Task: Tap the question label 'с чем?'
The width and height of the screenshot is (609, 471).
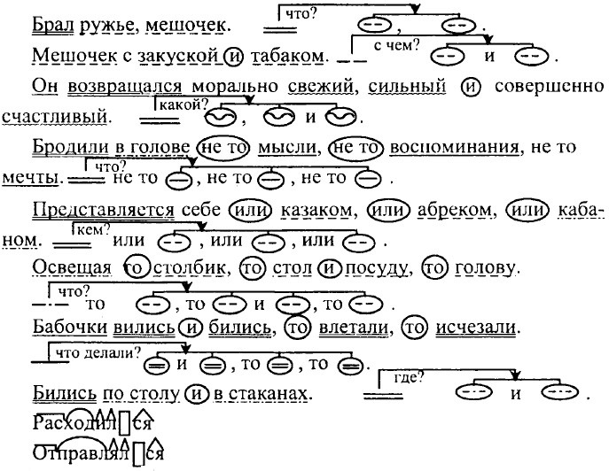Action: click(x=396, y=46)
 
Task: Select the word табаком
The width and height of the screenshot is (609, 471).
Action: click(x=288, y=56)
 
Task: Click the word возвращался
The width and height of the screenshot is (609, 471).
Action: click(x=125, y=87)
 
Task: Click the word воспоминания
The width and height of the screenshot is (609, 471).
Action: click(x=455, y=147)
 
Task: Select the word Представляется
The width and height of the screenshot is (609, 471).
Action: click(x=104, y=211)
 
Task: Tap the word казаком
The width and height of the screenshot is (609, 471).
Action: click(x=316, y=210)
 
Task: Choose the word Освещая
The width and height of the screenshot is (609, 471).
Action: click(x=72, y=267)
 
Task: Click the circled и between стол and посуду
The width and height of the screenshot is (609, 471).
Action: click(x=329, y=268)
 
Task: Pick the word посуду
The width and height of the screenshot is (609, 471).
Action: click(x=377, y=268)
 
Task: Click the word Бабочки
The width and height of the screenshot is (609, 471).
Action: click(x=70, y=327)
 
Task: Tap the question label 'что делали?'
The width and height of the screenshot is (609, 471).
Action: click(x=98, y=353)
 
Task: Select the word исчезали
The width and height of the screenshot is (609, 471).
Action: click(x=476, y=328)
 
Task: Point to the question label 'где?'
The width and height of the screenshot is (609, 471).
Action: click(x=408, y=377)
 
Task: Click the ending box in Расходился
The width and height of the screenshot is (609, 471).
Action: click(x=124, y=424)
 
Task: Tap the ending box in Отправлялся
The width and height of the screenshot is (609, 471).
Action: click(x=138, y=454)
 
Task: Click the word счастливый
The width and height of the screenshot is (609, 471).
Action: click(x=55, y=116)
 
